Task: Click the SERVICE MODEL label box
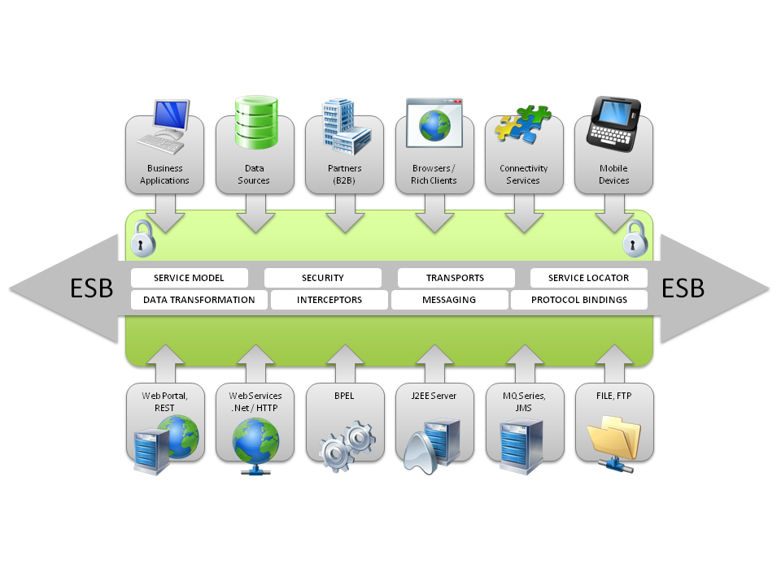(x=189, y=278)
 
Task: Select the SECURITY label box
(x=323, y=278)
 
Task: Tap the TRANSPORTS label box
(x=456, y=278)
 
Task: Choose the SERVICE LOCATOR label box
(x=589, y=278)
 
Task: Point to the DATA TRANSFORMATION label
(x=199, y=300)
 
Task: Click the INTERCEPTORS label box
(x=329, y=300)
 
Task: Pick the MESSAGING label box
(x=449, y=300)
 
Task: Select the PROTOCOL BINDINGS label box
(x=579, y=300)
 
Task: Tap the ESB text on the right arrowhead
(x=683, y=289)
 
